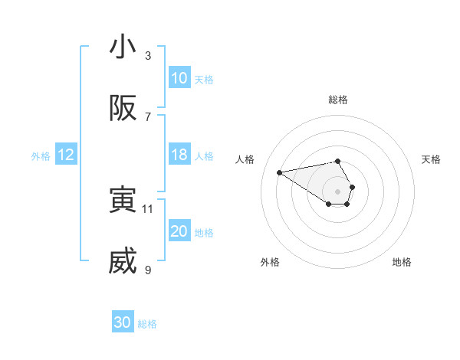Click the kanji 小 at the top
(x=123, y=47)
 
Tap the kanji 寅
(x=123, y=200)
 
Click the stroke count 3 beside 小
(x=148, y=55)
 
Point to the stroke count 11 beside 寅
(x=148, y=208)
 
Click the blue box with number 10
(x=179, y=78)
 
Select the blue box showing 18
(x=179, y=155)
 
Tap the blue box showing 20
(x=179, y=231)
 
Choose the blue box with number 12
(x=65, y=155)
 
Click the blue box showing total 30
(x=123, y=322)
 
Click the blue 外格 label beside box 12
(x=41, y=155)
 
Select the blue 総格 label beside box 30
(x=147, y=323)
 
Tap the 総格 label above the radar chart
(x=338, y=100)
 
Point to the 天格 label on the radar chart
(x=431, y=159)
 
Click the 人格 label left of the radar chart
(x=245, y=159)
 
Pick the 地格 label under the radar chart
(x=402, y=262)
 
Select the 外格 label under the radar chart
(x=270, y=262)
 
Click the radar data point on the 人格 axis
(x=280, y=172)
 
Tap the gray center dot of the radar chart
(x=338, y=191)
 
